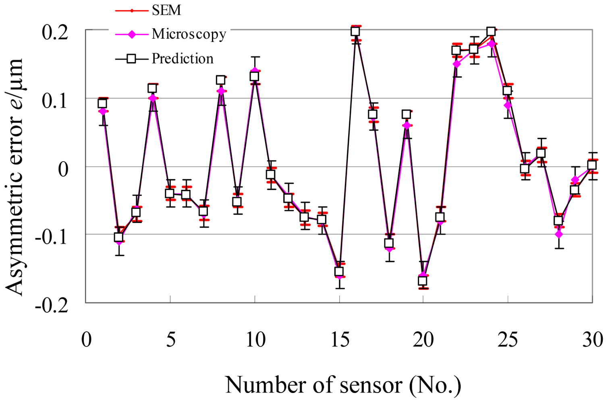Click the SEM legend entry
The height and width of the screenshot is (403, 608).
166,10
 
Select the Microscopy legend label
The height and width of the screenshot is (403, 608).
189,34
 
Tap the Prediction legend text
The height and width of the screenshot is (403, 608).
182,59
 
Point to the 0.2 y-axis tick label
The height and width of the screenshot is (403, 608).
55,32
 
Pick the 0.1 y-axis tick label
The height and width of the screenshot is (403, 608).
55,101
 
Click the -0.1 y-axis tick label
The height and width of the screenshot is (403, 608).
52,237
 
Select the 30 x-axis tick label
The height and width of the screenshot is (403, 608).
592,340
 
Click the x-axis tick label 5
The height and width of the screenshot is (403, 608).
171,340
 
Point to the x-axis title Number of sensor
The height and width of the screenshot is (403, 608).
343,385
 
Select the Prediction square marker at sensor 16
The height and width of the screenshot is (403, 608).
355,31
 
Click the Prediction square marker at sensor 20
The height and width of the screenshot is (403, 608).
423,281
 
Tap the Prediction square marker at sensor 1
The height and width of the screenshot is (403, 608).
102,104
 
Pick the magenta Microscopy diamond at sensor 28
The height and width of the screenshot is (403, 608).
558,234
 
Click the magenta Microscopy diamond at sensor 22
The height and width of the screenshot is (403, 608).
457,64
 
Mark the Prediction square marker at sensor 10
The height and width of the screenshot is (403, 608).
254,76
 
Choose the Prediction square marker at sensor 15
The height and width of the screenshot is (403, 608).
339,271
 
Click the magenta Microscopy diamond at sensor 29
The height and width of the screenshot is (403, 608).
575,180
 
